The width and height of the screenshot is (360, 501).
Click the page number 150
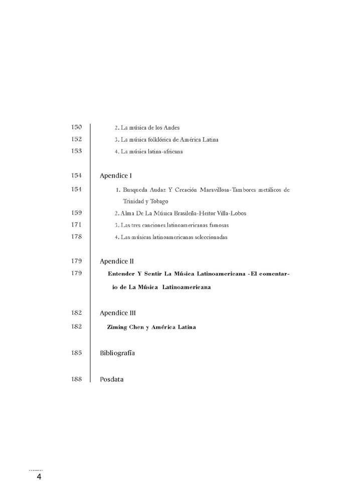tap(77, 127)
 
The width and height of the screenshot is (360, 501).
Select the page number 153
tap(77, 151)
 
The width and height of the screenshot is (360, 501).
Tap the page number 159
tap(77, 212)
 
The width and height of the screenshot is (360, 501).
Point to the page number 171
tap(77, 224)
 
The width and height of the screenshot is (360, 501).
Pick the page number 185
tap(77, 353)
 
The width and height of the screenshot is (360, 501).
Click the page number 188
tap(77, 379)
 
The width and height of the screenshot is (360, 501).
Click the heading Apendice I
tap(116, 176)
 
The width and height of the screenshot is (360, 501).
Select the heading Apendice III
tap(118, 313)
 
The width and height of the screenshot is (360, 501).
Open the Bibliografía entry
tap(117, 353)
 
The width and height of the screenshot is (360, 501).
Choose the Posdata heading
tap(111, 379)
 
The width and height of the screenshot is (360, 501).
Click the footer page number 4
tap(39, 477)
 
